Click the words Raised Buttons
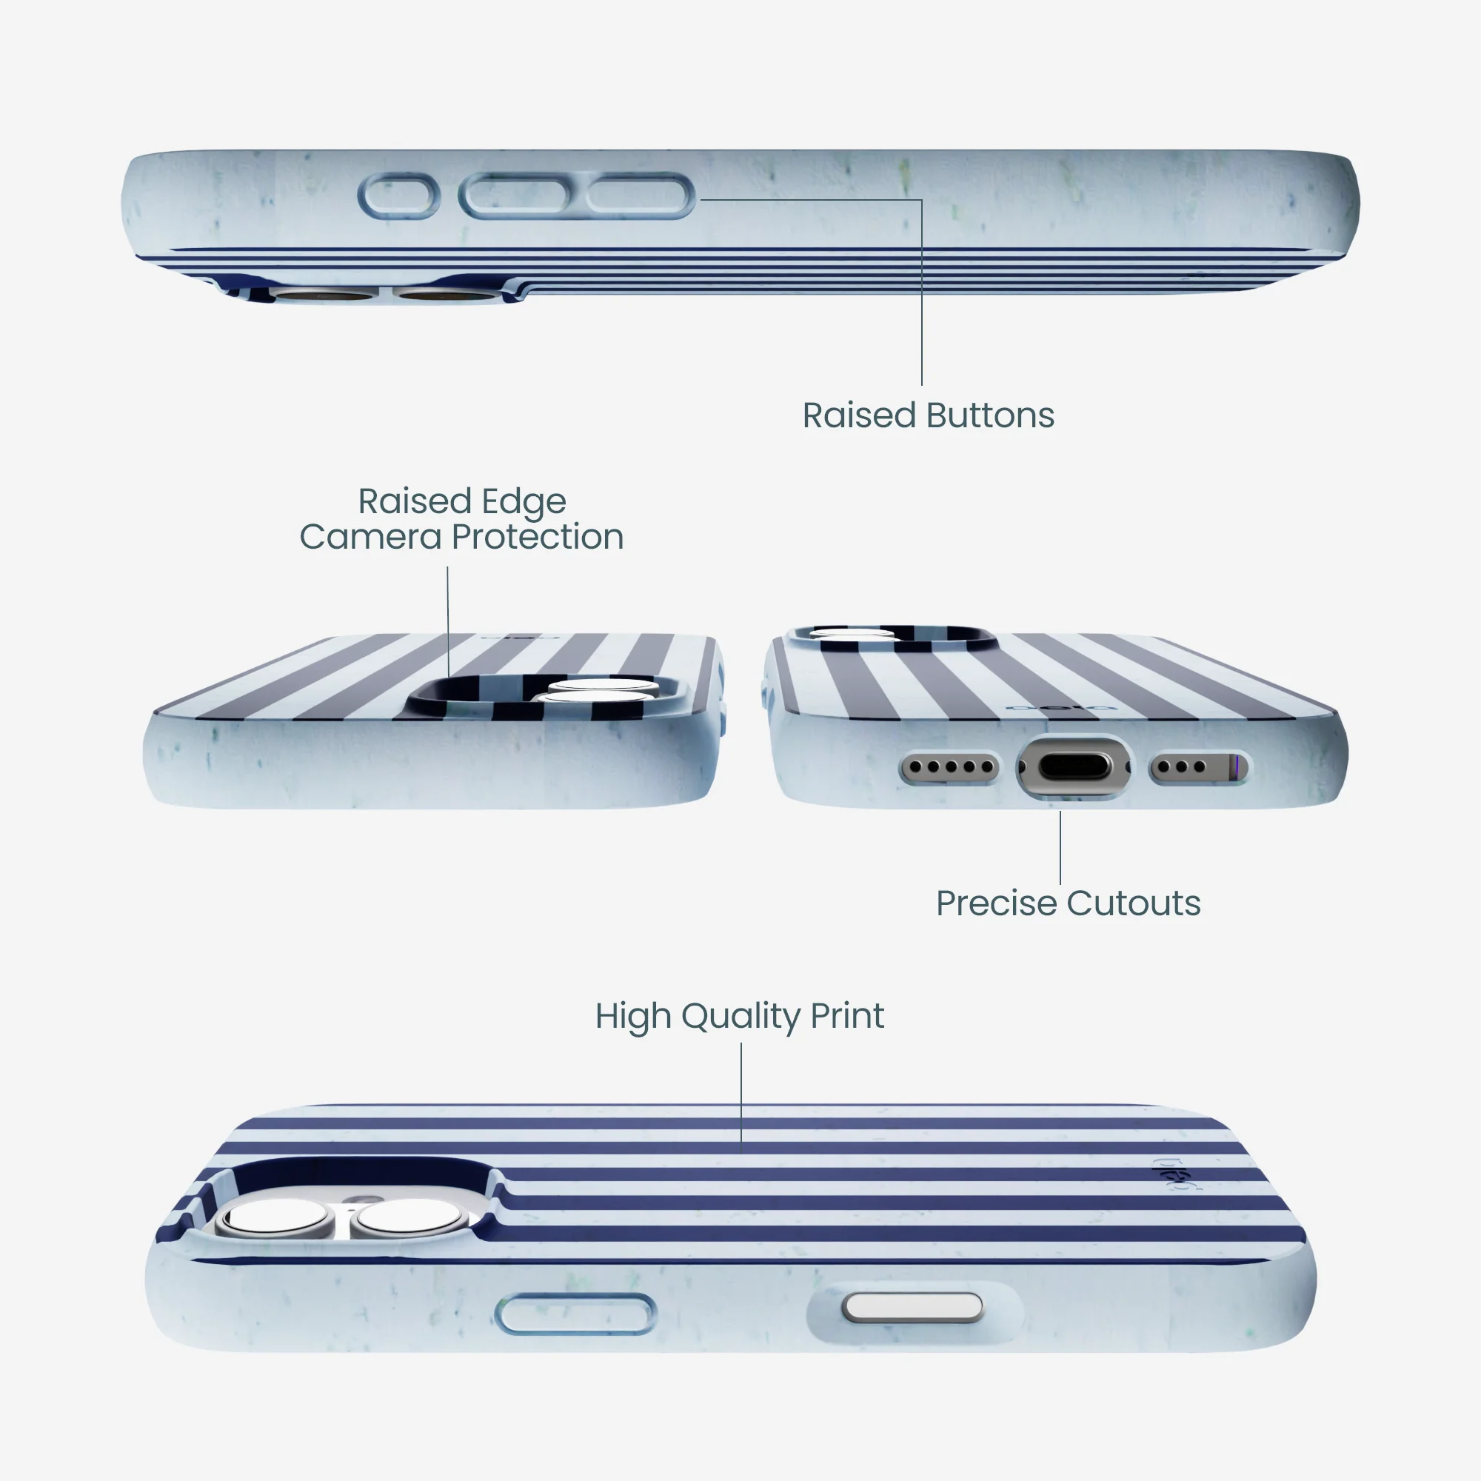pyautogui.click(x=929, y=415)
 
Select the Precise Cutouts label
pyautogui.click(x=1068, y=903)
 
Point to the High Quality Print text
pyautogui.click(x=740, y=1017)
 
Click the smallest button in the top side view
pyautogui.click(x=398, y=196)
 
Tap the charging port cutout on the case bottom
pyautogui.click(x=1073, y=766)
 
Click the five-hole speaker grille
pyautogui.click(x=949, y=766)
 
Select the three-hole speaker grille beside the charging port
pyautogui.click(x=1198, y=766)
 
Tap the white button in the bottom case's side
pyautogui.click(x=912, y=1307)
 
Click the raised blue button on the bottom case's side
pyautogui.click(x=575, y=1314)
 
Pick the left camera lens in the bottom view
pyautogui.click(x=275, y=1217)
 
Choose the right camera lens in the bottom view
pyautogui.click(x=407, y=1217)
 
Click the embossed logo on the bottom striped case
pyautogui.click(x=1172, y=1173)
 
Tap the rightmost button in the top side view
pyautogui.click(x=638, y=195)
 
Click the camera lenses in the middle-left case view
pyautogui.click(x=598, y=691)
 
